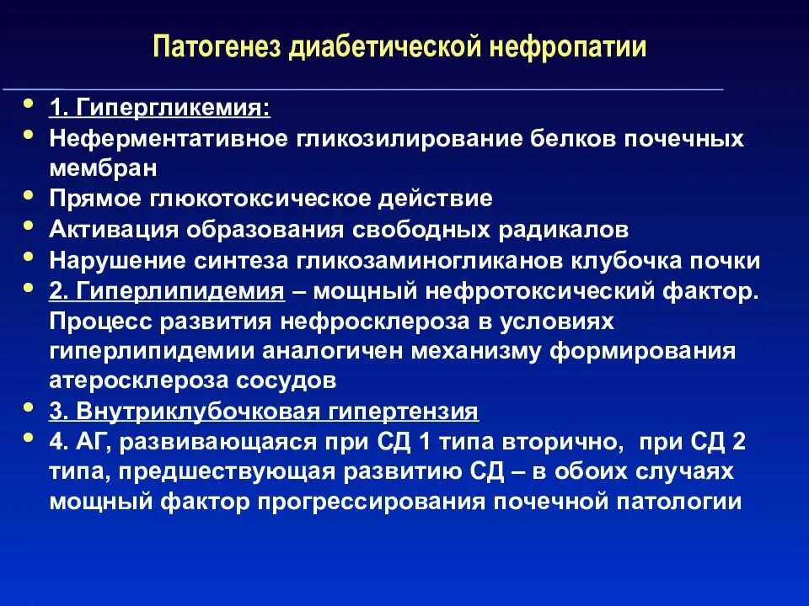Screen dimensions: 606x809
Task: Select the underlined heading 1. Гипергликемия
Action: click(160, 109)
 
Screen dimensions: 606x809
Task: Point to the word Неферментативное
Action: click(168, 138)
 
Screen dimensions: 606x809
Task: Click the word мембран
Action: click(103, 167)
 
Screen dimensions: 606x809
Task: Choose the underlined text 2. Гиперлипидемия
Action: click(166, 291)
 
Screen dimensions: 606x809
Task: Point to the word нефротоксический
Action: click(544, 291)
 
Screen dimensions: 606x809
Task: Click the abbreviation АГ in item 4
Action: click(89, 442)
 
